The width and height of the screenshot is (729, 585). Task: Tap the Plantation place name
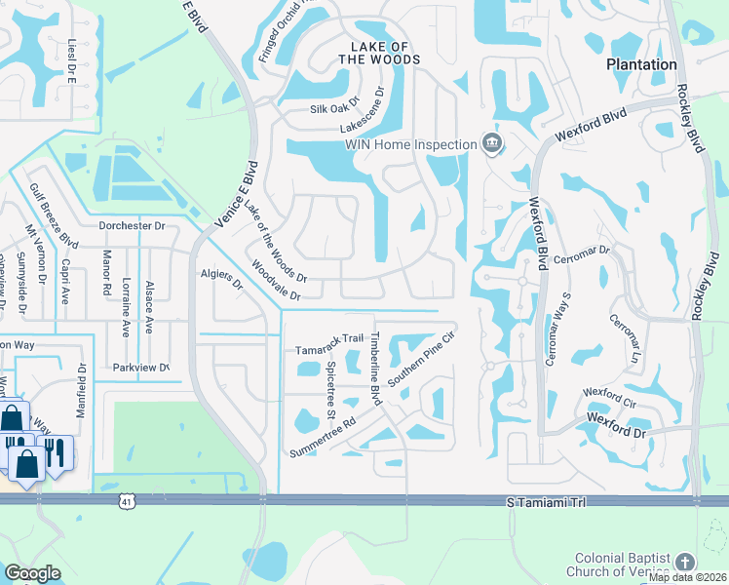pos(641,64)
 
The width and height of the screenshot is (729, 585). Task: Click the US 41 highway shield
pos(127,501)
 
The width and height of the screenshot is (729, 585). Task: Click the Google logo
pos(32,573)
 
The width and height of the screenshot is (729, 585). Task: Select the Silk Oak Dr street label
pos(335,108)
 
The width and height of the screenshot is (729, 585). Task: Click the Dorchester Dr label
pos(133,225)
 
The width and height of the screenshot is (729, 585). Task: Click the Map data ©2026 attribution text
pos(687,577)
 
